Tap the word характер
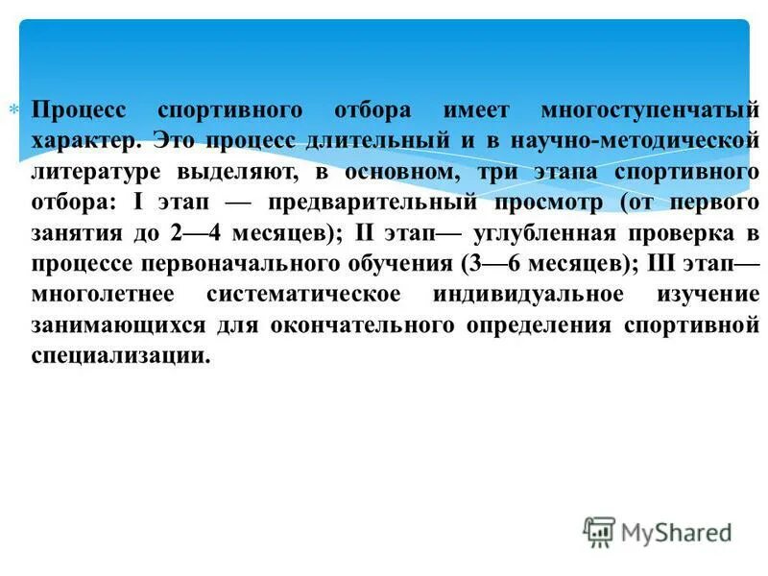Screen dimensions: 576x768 pyautogui.click(x=84, y=140)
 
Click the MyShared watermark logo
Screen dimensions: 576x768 pyautogui.click(x=659, y=531)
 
